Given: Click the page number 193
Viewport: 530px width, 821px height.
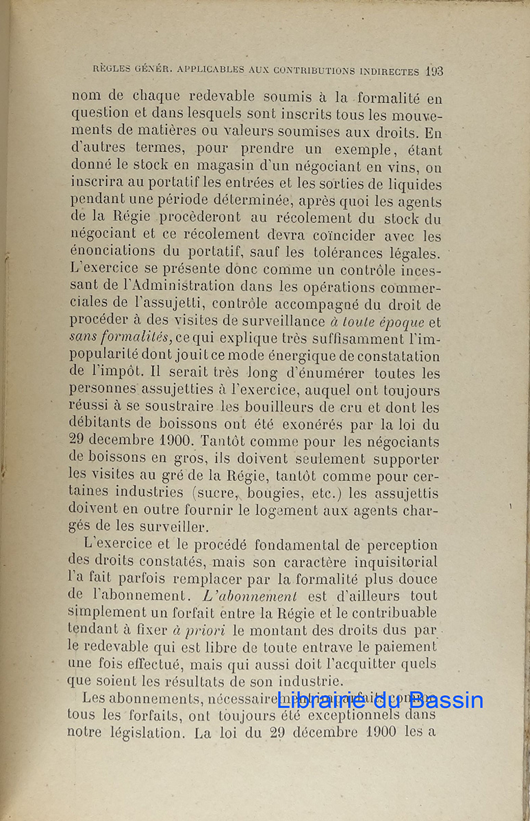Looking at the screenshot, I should pos(433,70).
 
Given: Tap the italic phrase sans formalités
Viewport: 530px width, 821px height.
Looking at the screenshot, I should pos(121,339).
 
